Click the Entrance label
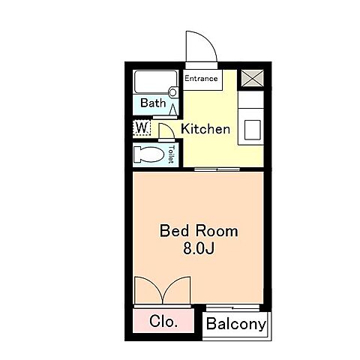click(201, 79)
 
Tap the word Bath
click(153, 103)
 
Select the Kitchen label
click(205, 129)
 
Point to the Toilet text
click(171, 154)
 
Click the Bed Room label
click(199, 231)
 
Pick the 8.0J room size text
click(199, 248)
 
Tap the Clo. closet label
click(163, 321)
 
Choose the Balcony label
click(236, 324)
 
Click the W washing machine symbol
click(142, 127)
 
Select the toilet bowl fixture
click(149, 154)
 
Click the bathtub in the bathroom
click(156, 82)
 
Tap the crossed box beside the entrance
click(253, 78)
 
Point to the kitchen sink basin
click(253, 130)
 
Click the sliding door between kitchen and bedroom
click(217, 169)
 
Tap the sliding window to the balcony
click(232, 307)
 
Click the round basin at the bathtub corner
click(172, 92)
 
